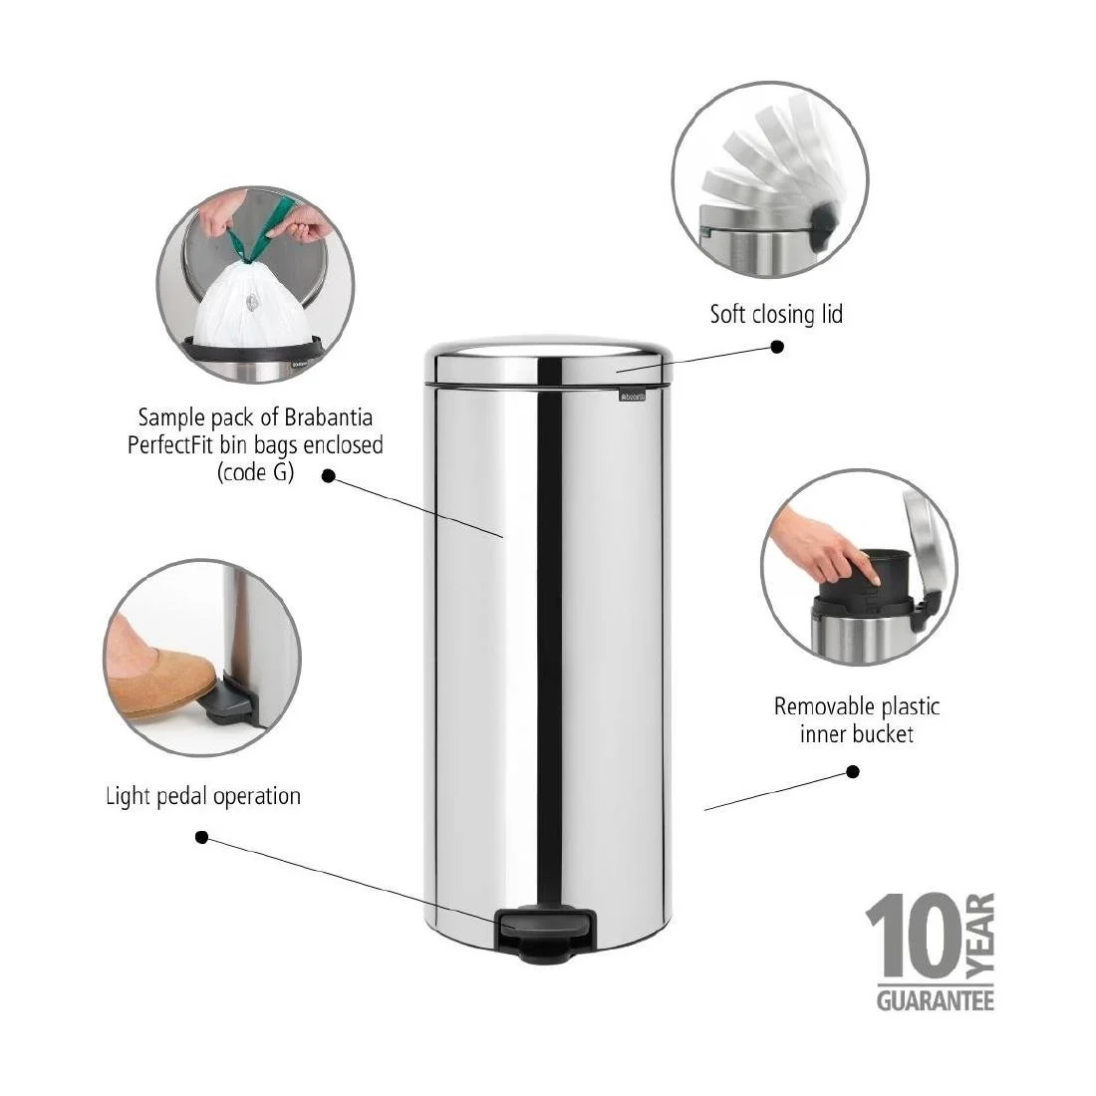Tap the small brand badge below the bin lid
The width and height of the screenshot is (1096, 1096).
coord(632,397)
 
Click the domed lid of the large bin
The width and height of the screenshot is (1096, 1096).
coord(549,360)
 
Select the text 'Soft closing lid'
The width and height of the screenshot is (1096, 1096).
coord(776,315)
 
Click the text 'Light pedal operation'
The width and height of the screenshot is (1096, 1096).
coord(203,796)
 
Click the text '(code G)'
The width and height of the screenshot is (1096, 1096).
coord(255,472)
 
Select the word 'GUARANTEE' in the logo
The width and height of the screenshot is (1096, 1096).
coord(935,999)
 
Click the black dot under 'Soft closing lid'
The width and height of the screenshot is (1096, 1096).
coord(777,347)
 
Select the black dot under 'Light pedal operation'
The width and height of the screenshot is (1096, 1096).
coord(201,837)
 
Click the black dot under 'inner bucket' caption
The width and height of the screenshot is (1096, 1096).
coord(853,771)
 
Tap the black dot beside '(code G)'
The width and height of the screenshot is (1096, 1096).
coord(328,475)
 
